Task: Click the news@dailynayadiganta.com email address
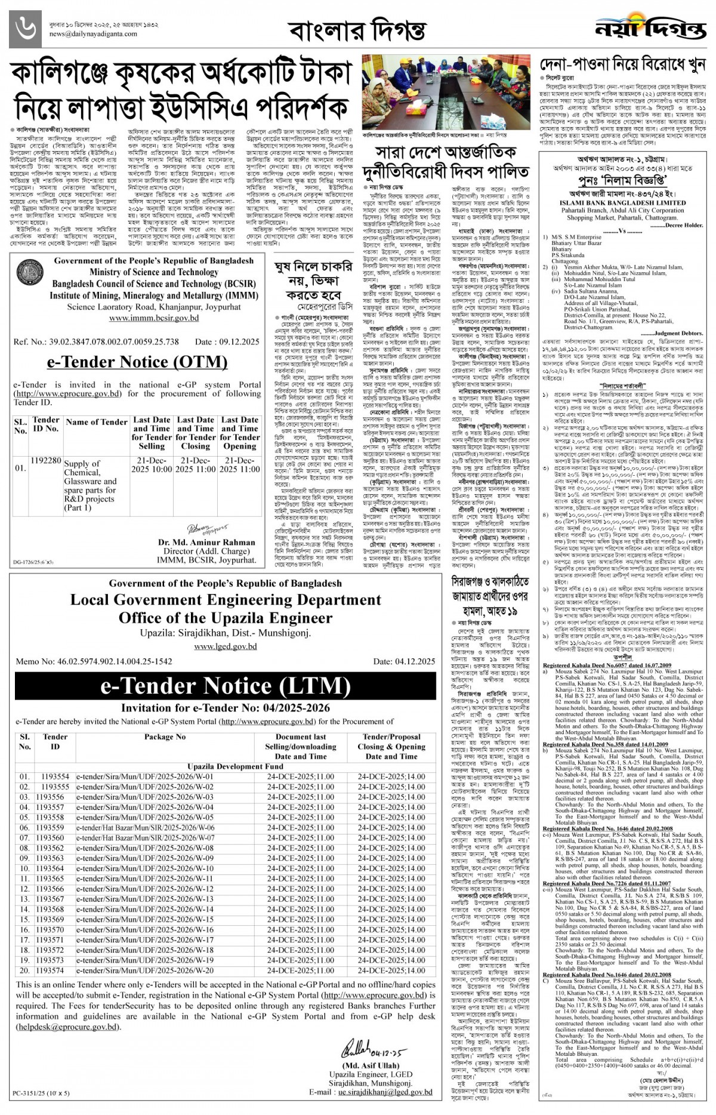tap(93, 34)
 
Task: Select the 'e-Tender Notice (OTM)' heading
tap(137, 362)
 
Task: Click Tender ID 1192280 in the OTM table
tap(46, 461)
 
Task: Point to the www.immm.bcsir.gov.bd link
tap(154, 318)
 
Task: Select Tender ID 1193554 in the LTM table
tap(55, 777)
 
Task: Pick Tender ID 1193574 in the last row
tap(55, 971)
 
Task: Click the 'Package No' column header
tap(165, 737)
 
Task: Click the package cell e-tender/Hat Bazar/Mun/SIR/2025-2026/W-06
tap(145, 828)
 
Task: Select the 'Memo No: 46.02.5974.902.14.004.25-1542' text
tap(94, 661)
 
